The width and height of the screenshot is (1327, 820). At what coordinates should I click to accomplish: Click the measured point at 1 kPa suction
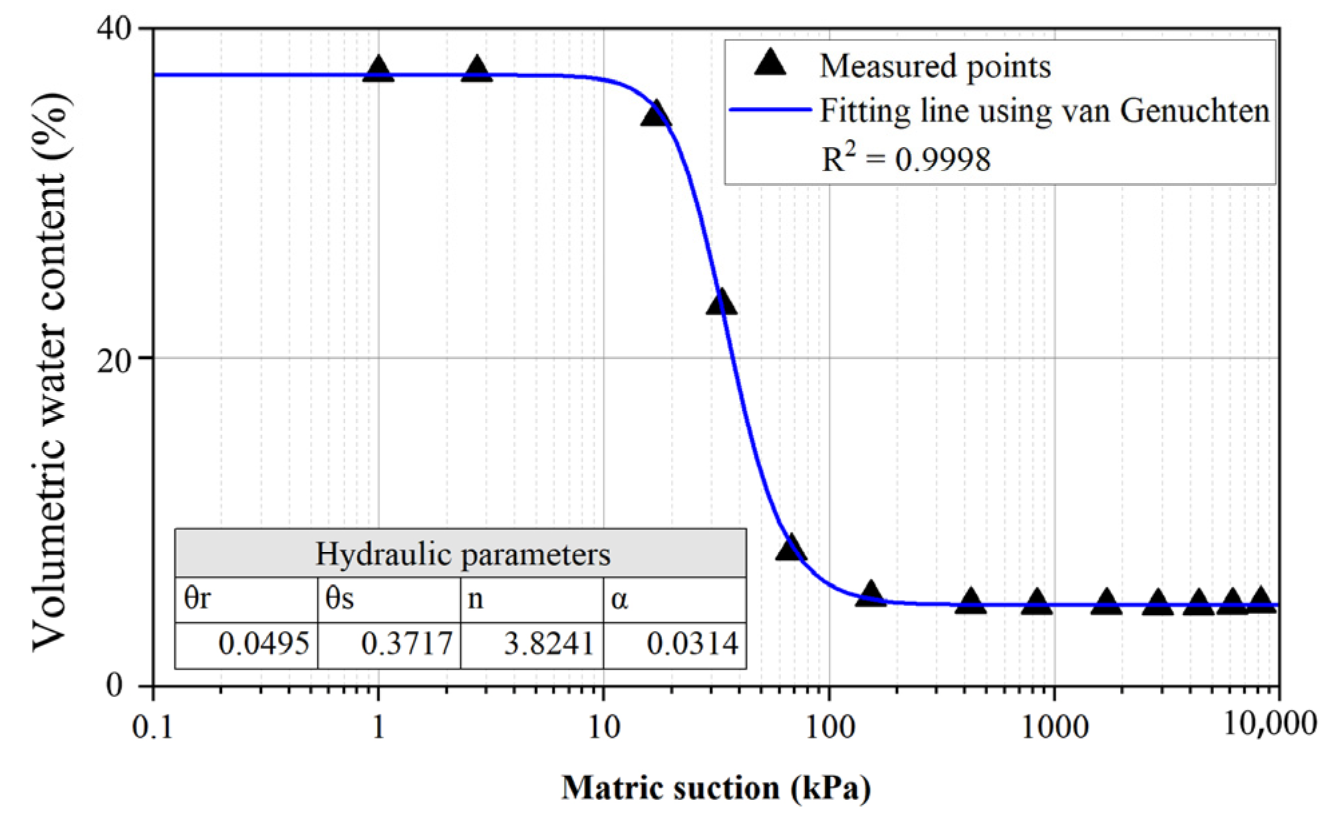[x=378, y=70]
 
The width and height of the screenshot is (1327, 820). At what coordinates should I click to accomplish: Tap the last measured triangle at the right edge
[x=1261, y=599]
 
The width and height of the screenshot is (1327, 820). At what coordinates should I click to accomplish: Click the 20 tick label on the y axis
[x=115, y=362]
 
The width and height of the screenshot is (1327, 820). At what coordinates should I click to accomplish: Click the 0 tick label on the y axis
[x=115, y=686]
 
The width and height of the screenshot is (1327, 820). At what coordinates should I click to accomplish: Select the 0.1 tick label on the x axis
[x=153, y=727]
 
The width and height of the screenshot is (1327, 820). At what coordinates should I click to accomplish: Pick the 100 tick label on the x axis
[x=830, y=727]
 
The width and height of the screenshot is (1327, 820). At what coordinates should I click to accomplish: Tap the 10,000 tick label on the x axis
[x=1270, y=724]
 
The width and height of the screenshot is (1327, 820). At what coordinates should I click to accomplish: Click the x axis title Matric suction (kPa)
[x=716, y=789]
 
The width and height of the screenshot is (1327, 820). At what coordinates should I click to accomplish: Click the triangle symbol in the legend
[x=770, y=63]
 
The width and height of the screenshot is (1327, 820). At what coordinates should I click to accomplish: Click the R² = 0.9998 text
[x=905, y=159]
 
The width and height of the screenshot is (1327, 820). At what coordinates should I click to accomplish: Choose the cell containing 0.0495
[x=247, y=644]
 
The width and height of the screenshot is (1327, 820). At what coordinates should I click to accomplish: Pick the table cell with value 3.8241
[x=532, y=644]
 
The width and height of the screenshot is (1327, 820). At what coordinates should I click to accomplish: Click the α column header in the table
[x=675, y=599]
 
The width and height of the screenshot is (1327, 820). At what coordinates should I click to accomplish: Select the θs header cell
[x=389, y=599]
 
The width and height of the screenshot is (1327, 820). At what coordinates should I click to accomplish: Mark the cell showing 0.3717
[x=389, y=644]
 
